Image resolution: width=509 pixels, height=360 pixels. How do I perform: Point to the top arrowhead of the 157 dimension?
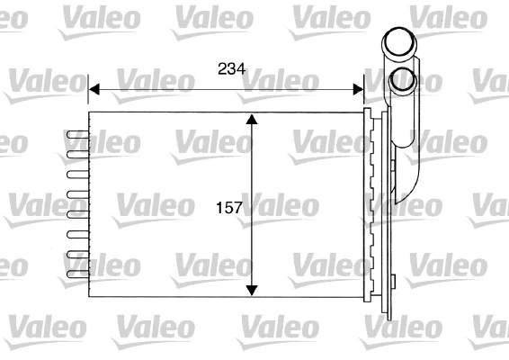click(x=253, y=121)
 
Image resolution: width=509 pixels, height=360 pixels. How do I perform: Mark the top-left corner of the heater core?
click(x=89, y=113)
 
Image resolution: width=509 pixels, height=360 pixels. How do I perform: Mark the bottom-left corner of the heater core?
click(x=89, y=297)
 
